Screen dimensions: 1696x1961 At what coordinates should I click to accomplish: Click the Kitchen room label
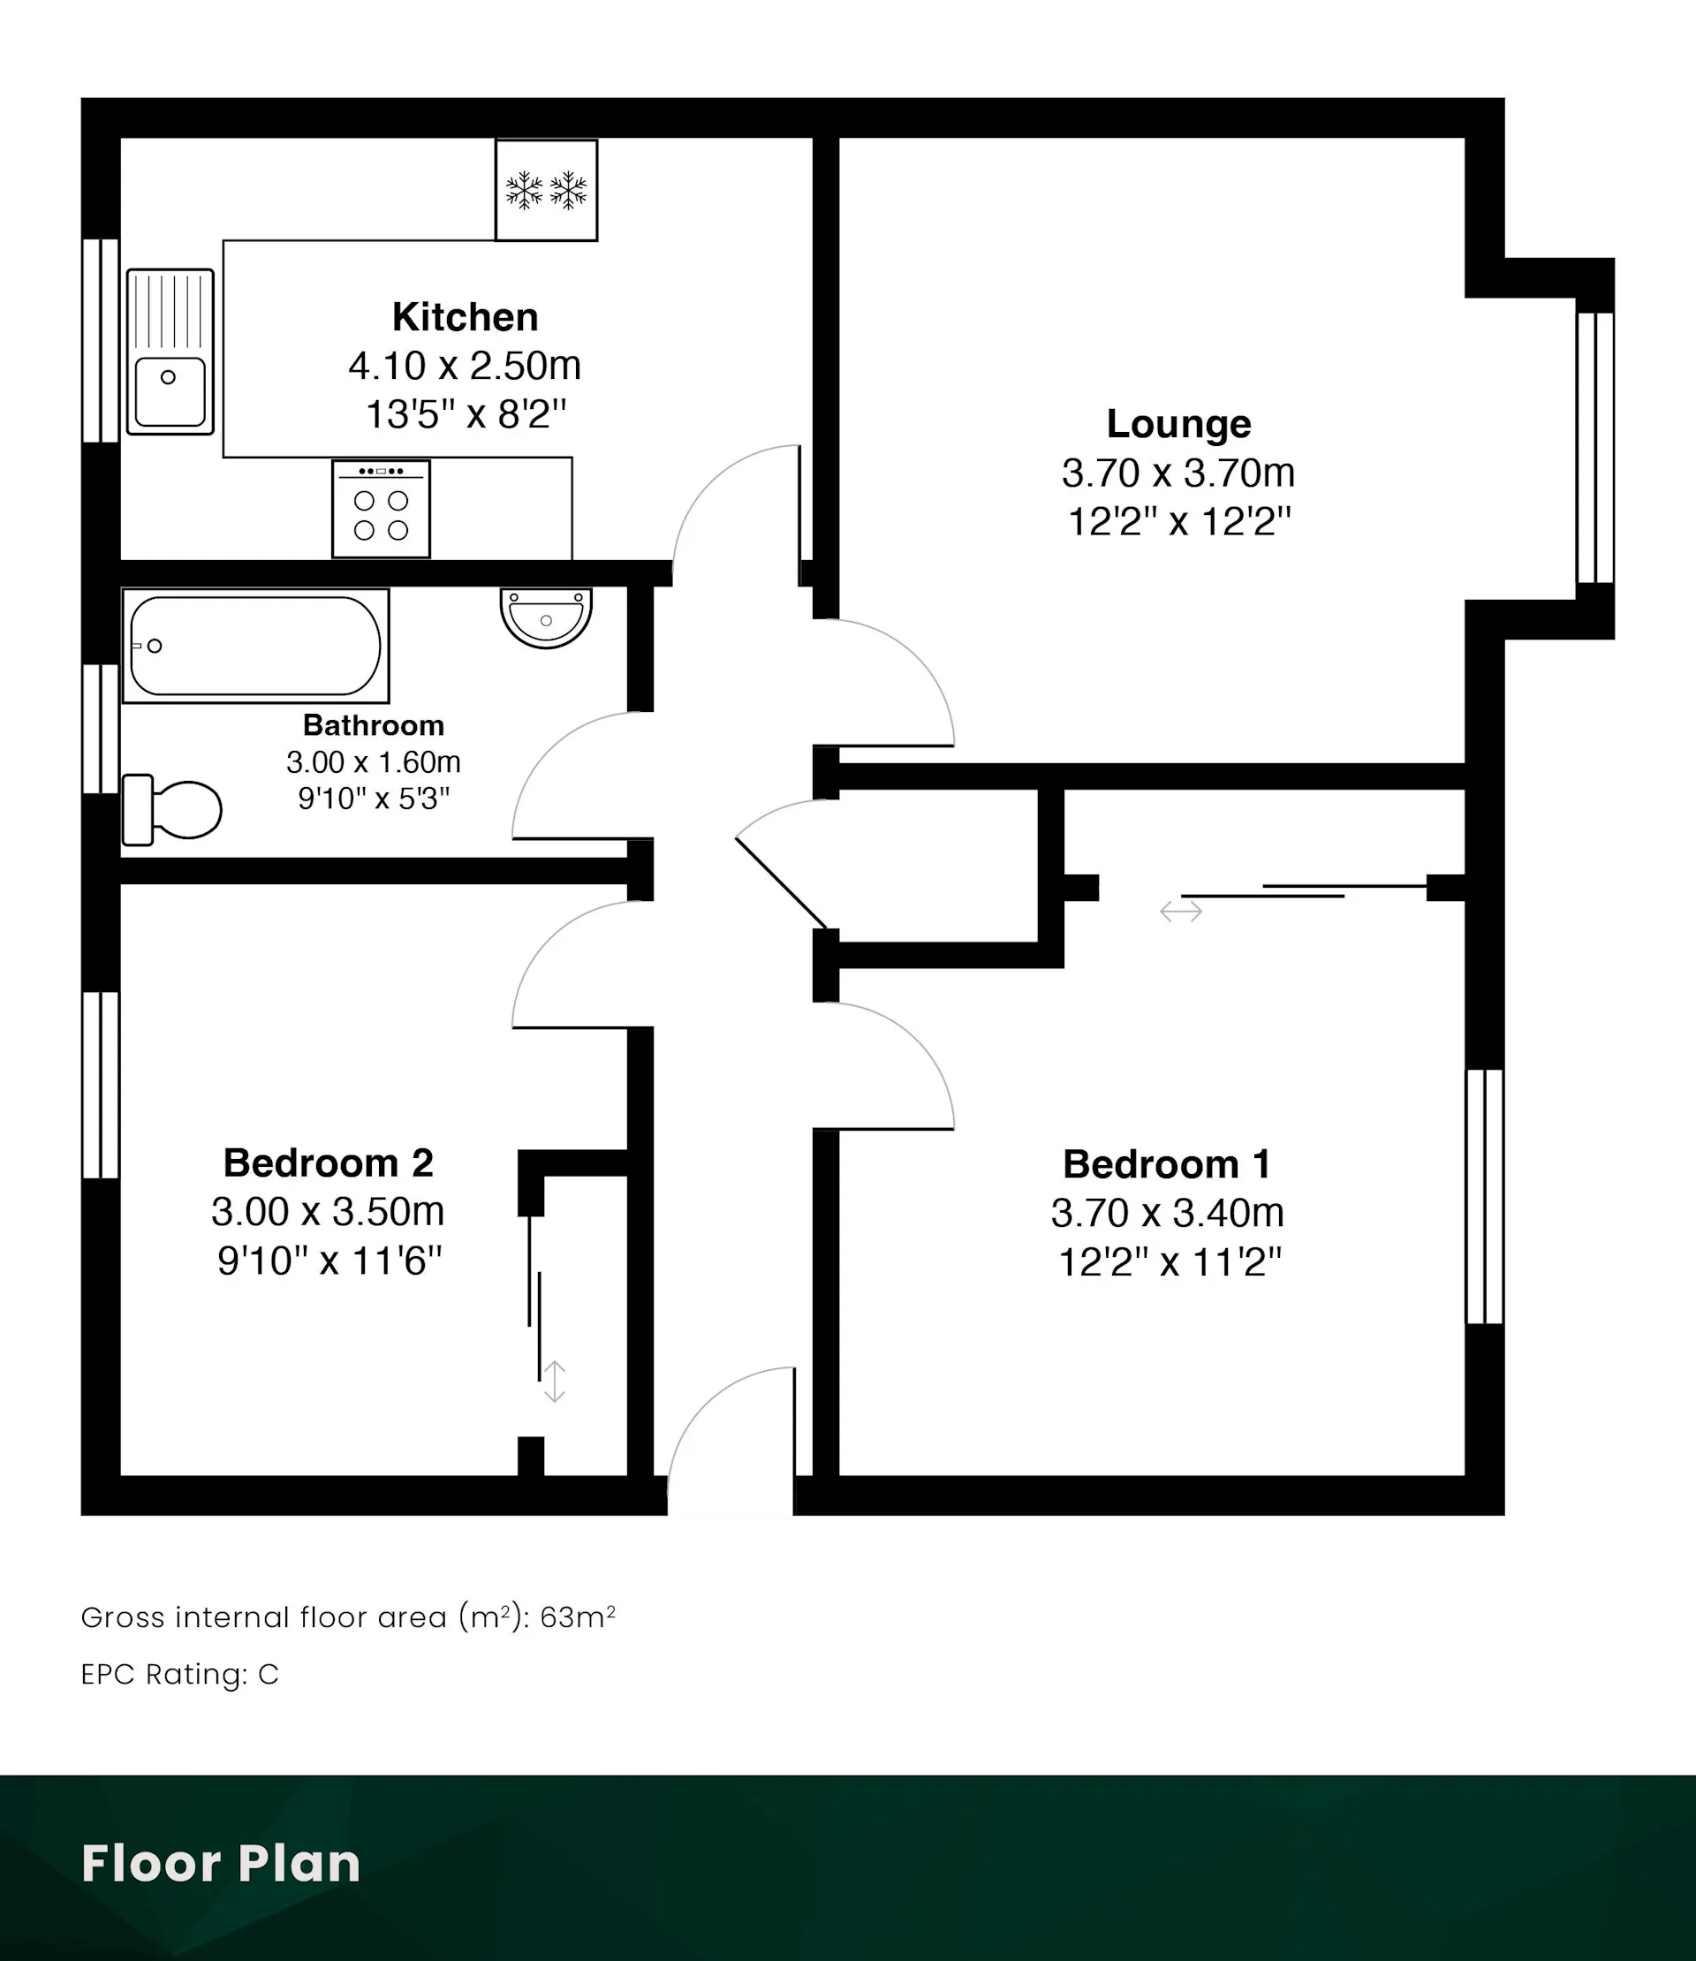click(x=465, y=317)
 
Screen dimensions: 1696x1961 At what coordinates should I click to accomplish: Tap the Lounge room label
click(x=1178, y=424)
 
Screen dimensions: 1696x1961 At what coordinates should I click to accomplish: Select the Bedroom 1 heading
click(x=1166, y=1164)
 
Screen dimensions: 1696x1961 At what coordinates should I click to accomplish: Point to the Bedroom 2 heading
click(x=328, y=1163)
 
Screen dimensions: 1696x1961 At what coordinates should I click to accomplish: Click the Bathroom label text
click(x=373, y=725)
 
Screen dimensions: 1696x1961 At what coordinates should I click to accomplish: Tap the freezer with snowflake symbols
click(x=546, y=190)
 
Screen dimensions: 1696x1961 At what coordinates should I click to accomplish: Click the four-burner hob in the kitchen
click(x=381, y=509)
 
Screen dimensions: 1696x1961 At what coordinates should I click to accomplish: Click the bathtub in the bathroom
click(x=255, y=646)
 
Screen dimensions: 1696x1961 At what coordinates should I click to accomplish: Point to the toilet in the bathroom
click(x=171, y=810)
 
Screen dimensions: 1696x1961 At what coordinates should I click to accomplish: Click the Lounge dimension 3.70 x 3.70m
click(x=1178, y=473)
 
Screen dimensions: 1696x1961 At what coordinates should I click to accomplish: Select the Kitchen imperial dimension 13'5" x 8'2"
click(x=465, y=414)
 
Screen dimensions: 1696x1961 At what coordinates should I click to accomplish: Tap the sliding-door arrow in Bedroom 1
click(x=1181, y=912)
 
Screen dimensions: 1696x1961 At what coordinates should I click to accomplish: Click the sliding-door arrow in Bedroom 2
click(x=554, y=1382)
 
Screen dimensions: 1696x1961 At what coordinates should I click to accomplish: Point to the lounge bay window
click(x=1594, y=448)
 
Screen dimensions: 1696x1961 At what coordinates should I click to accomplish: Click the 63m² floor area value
click(x=578, y=1617)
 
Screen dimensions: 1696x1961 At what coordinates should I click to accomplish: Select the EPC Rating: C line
click(x=180, y=1674)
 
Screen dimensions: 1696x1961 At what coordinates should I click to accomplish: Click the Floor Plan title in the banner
click(x=221, y=1864)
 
